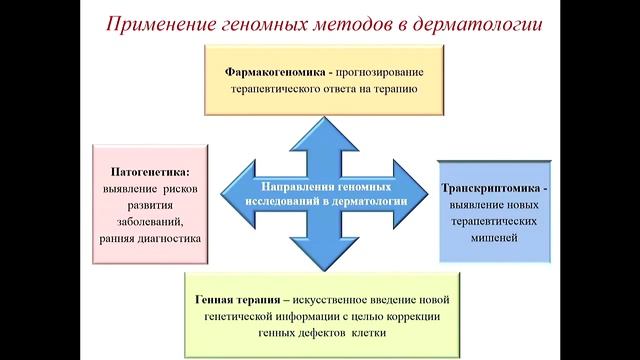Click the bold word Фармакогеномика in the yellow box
[x=272, y=71]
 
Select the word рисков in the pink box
[x=174, y=189]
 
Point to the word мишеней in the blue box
[x=494, y=238]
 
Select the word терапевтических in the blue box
[x=494, y=221]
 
